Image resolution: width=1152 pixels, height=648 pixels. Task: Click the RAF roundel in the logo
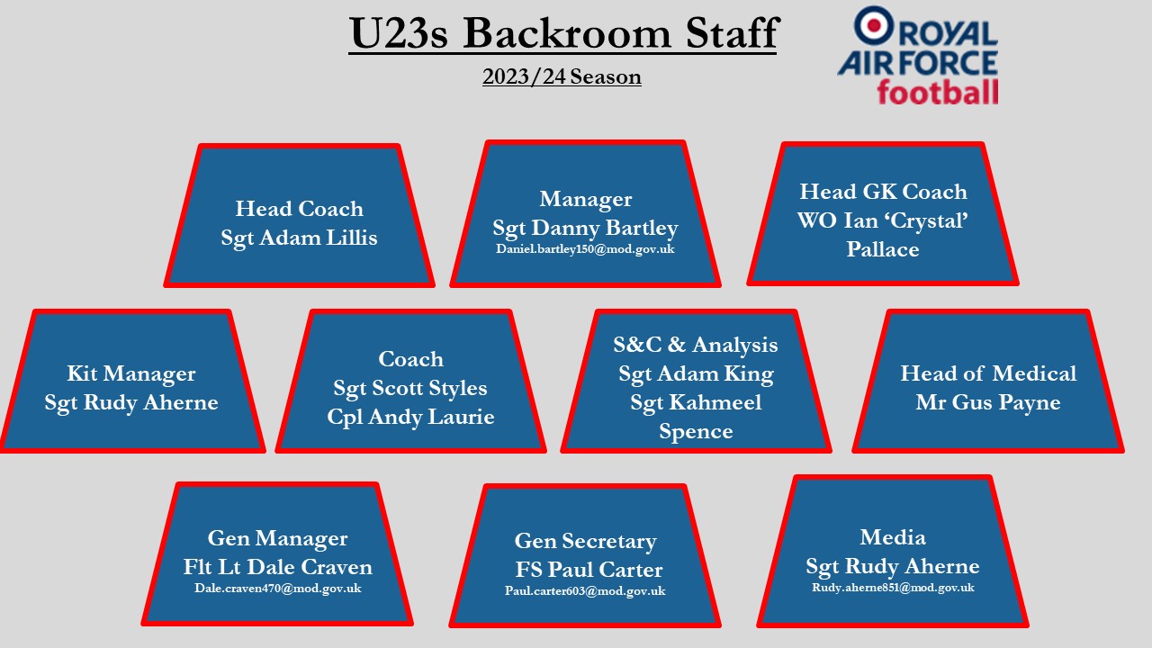coord(874,24)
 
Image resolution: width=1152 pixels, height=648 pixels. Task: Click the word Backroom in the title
coord(567,33)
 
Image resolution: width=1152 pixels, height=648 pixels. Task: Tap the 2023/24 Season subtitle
coord(562,76)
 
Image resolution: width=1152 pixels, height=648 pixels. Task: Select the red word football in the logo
coord(938,93)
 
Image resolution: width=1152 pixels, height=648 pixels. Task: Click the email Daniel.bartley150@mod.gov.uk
coord(585,249)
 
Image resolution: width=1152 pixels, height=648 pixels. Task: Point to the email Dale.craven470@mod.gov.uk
coord(278,589)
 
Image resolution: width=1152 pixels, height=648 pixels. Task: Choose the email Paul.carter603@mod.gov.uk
coord(585,591)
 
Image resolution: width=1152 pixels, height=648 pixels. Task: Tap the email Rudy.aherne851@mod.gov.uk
coord(893,588)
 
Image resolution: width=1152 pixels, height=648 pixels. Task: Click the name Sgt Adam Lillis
coord(300,238)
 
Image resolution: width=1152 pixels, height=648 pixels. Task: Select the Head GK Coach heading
coord(883,192)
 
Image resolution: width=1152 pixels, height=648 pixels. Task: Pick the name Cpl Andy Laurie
coord(410,417)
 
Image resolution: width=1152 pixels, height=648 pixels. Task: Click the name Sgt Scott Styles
coord(410,388)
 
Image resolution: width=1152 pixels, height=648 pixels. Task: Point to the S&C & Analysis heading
coord(696,345)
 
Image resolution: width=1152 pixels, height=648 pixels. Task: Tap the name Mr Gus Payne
coord(988,402)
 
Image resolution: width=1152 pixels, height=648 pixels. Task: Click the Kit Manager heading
coord(131,373)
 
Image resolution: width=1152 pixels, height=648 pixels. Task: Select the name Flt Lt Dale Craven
coord(278,567)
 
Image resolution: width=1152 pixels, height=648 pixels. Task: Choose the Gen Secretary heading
coord(585,541)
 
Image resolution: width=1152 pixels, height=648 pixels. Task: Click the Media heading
coord(893,537)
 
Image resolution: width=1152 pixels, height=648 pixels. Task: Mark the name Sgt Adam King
coord(696,373)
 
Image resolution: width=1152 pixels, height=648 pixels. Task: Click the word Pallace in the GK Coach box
coord(883,249)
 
